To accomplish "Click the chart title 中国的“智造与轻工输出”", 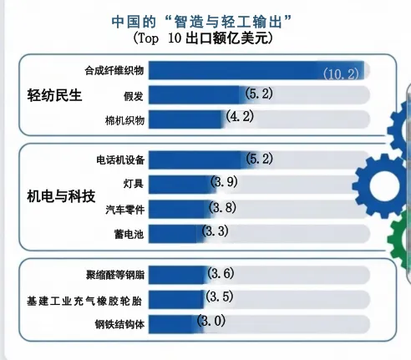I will (205, 20).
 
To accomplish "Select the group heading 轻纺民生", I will (55, 94).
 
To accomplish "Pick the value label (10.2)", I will (342, 73).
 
